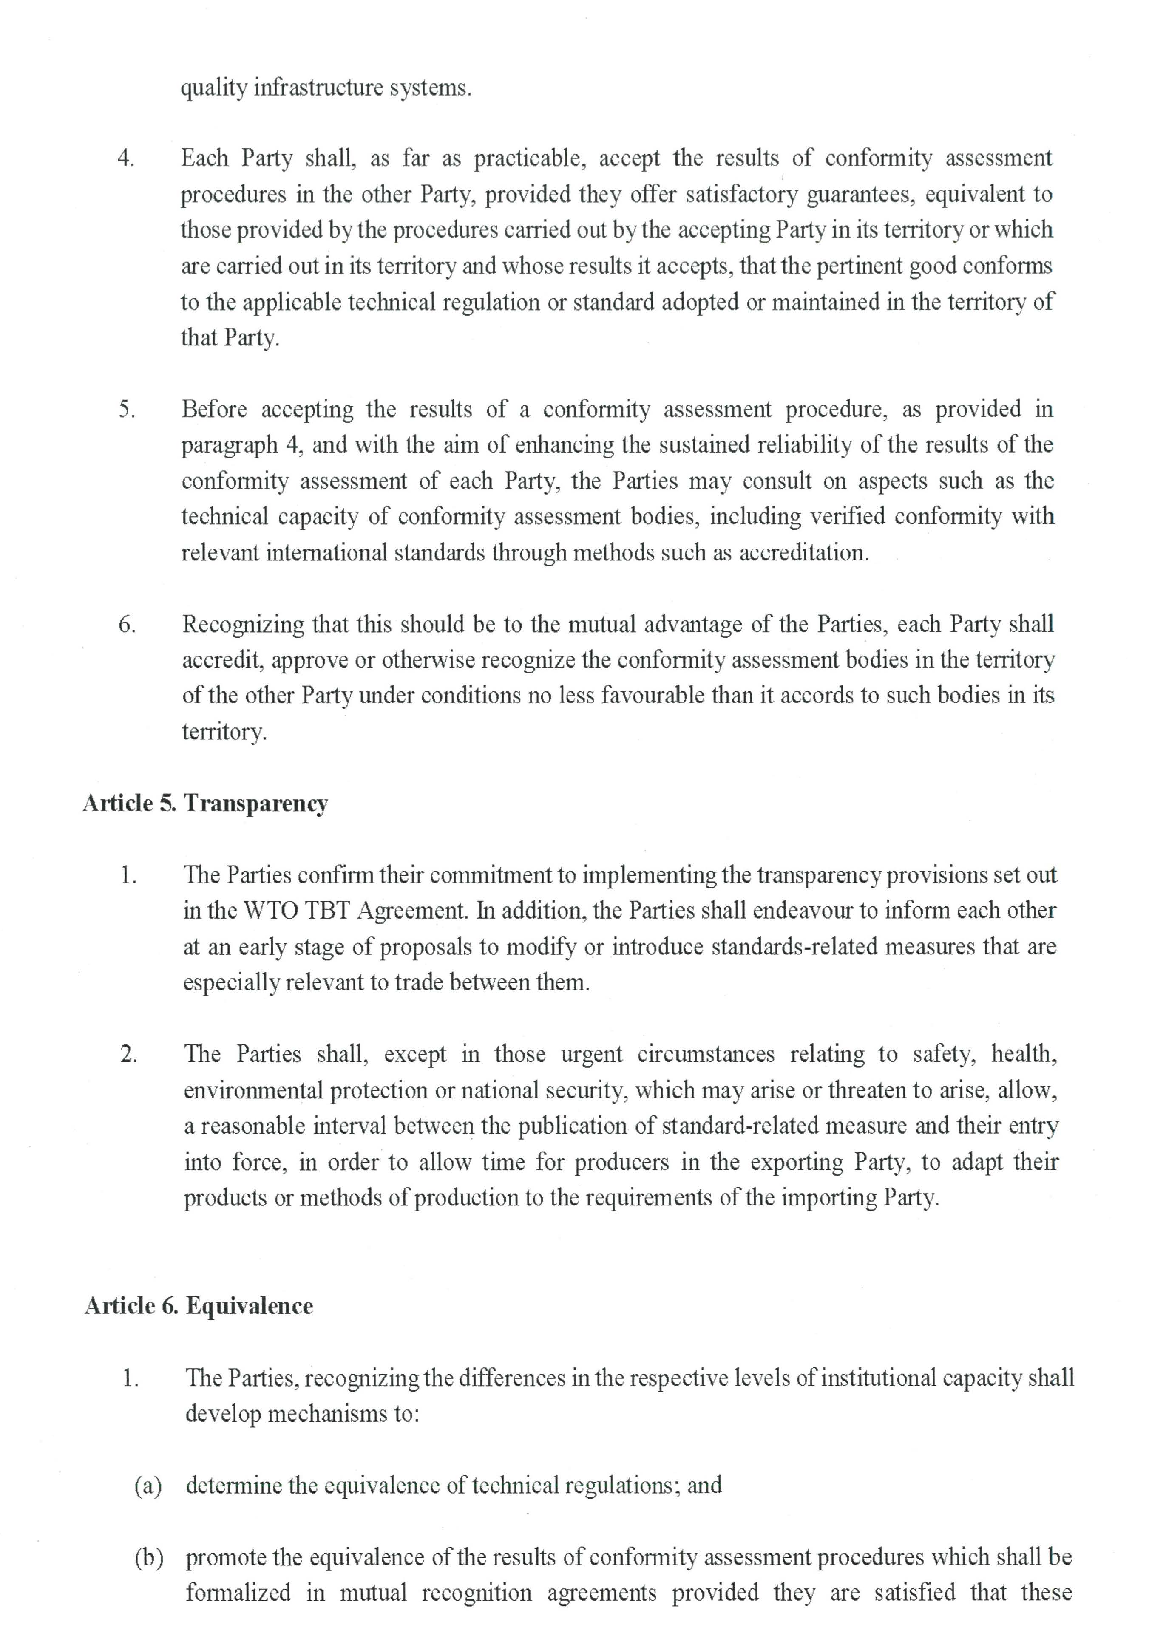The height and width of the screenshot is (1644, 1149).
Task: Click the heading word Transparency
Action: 256,804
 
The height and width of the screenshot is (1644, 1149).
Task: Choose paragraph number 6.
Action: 127,624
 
